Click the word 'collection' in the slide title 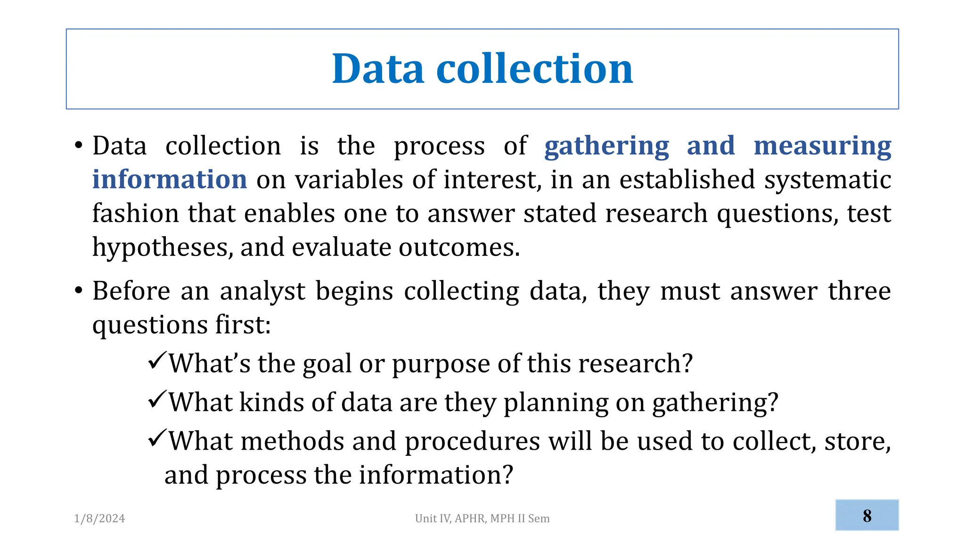(x=534, y=69)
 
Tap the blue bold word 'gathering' (x=606, y=146)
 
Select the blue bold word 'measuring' (x=822, y=146)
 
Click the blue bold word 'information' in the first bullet (x=170, y=180)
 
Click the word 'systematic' (x=827, y=180)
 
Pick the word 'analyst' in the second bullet (x=262, y=291)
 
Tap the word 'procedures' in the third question (x=472, y=442)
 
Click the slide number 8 (x=867, y=516)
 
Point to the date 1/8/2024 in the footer (x=99, y=518)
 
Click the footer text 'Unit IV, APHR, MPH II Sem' (x=482, y=518)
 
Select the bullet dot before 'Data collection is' (x=79, y=145)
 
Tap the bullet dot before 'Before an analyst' (x=79, y=290)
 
